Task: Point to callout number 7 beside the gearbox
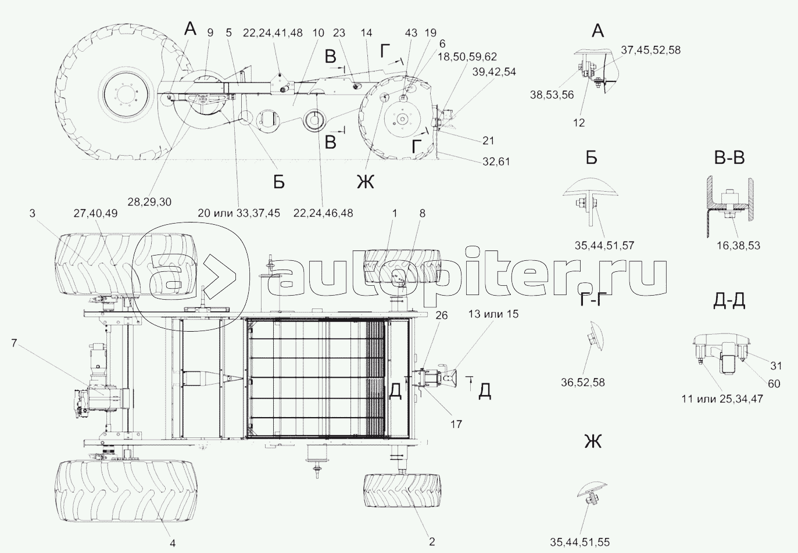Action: pyautogui.click(x=13, y=342)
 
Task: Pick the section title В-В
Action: pyautogui.click(x=729, y=157)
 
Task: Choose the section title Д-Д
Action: pyautogui.click(x=729, y=300)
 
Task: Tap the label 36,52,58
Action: pyautogui.click(x=582, y=382)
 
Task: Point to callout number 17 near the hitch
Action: pyautogui.click(x=456, y=424)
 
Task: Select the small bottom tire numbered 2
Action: pyautogui.click(x=400, y=492)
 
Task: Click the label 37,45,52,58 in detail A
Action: pyautogui.click(x=650, y=50)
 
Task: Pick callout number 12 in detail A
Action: pyautogui.click(x=579, y=123)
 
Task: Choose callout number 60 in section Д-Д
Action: pyautogui.click(x=774, y=383)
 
